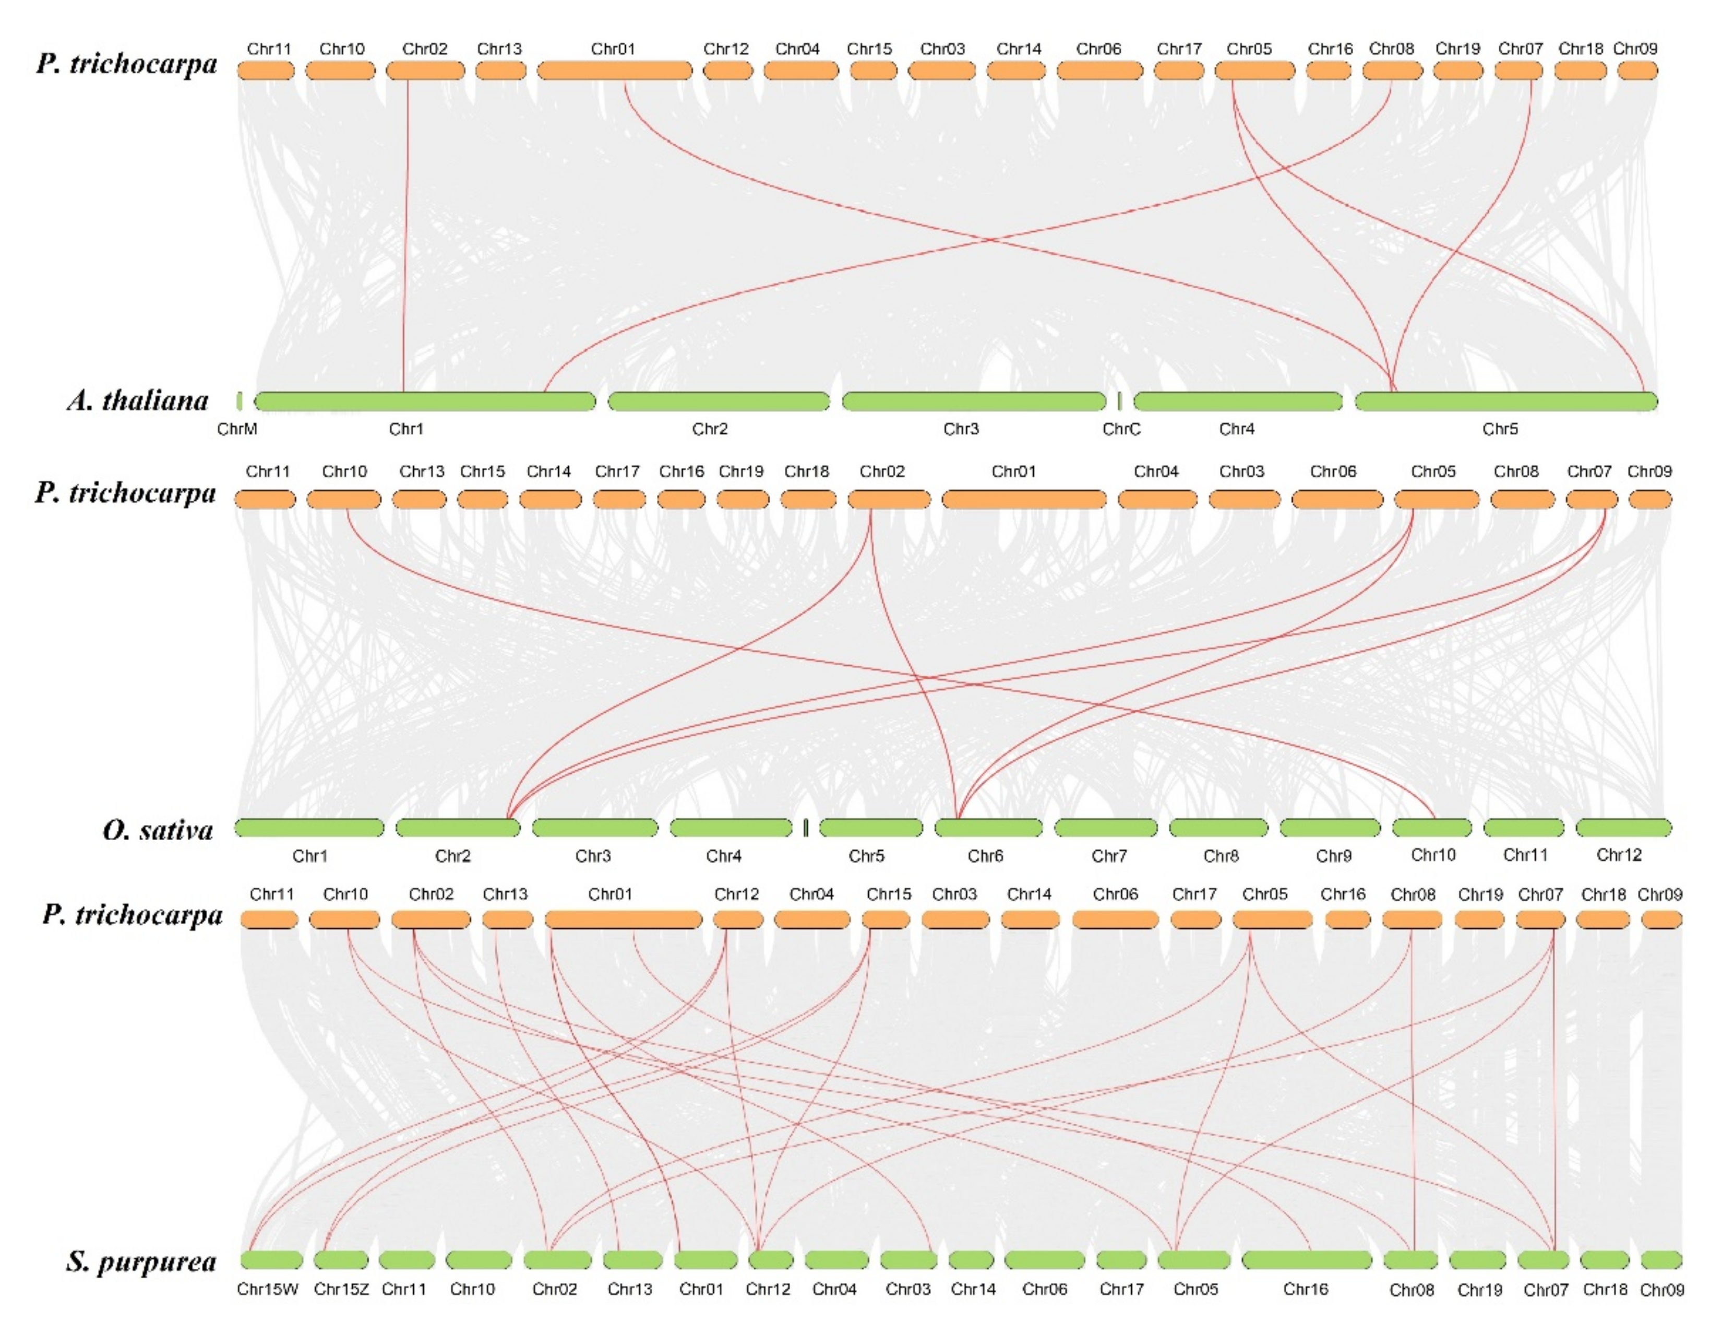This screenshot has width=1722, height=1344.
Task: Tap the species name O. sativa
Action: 158,830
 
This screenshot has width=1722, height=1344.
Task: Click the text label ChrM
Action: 237,429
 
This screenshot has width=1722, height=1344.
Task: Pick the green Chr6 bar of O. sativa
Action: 988,828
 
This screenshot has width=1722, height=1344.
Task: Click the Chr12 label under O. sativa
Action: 1619,855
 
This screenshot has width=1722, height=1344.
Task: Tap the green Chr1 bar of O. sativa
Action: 309,828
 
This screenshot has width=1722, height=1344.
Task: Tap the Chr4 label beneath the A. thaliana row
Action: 1236,429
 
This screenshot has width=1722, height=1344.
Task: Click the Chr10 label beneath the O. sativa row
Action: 1432,855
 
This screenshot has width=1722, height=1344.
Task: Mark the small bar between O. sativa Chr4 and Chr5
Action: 805,828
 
